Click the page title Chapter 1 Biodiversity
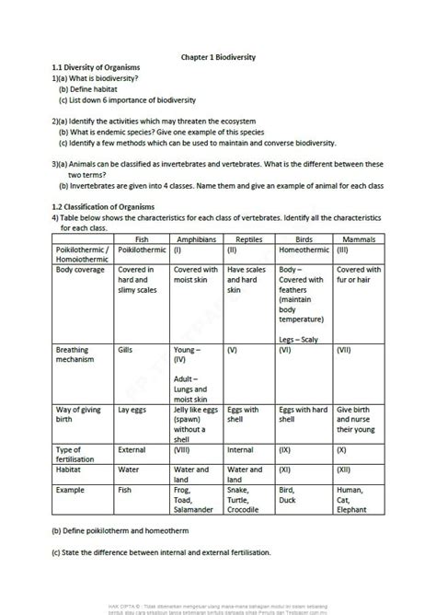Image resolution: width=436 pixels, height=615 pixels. coord(218,57)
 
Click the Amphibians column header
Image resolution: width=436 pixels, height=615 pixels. coord(195,238)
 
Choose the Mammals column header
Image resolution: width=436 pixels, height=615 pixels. coord(356,238)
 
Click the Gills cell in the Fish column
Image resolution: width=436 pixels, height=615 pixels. coord(128,351)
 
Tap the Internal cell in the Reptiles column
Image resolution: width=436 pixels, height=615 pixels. coord(241,451)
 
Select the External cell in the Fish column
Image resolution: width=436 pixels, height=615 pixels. coord(133,451)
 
